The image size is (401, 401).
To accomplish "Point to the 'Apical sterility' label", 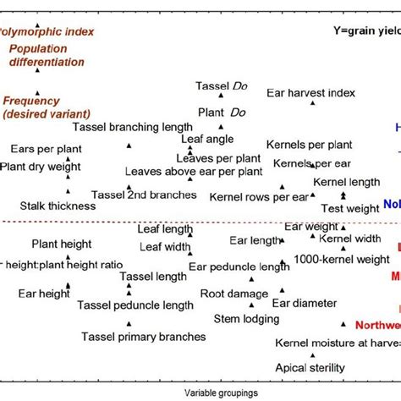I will [310, 367].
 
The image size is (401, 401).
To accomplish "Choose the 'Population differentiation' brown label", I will [47, 55].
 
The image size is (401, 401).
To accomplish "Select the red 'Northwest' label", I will [377, 325].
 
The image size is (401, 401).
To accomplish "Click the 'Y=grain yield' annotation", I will [365, 32].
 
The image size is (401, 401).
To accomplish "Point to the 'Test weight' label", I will [350, 208].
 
